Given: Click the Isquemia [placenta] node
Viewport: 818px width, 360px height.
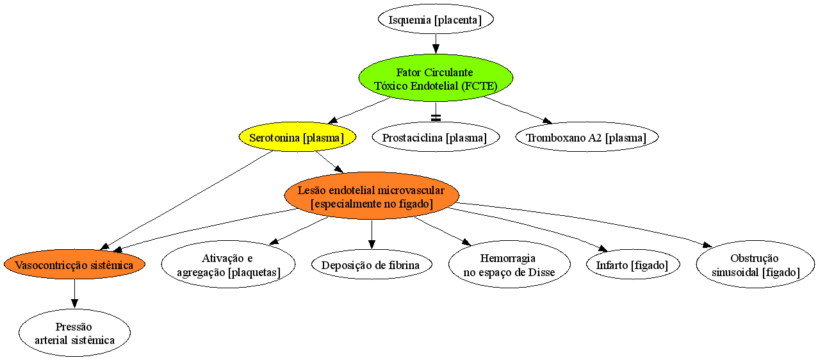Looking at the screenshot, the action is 436,19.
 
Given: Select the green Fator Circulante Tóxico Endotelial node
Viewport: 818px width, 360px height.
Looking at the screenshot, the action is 436,78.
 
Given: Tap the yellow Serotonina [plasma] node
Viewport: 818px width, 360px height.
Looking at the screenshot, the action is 297,137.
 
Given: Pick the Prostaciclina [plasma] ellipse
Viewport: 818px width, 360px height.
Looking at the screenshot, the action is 436,137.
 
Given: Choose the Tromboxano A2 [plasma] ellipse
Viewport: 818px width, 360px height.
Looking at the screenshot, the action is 587,137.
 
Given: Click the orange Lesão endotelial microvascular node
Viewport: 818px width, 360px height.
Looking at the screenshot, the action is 372,196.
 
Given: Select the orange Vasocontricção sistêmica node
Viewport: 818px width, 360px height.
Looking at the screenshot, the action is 74,265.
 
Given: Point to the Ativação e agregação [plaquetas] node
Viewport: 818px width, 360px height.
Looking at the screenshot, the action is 228,265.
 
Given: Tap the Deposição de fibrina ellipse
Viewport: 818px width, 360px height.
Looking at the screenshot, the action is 372,265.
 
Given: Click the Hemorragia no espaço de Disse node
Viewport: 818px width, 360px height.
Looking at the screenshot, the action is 509,265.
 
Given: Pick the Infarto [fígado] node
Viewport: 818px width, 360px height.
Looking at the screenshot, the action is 633,265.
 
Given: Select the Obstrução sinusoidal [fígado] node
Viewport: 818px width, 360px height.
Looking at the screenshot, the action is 755,265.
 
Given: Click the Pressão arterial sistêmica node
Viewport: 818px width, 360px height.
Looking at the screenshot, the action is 74,332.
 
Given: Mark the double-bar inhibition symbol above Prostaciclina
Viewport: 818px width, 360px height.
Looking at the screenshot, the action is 436,118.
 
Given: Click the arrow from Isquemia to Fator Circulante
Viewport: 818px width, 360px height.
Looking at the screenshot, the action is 436,44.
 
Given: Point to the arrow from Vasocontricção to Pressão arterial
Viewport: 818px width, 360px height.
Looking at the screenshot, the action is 74,293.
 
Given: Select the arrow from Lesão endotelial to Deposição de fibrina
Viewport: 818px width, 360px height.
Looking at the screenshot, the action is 372,234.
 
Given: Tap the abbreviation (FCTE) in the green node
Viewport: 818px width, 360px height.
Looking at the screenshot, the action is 479,86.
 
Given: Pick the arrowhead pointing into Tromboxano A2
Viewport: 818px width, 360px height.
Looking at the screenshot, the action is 548,121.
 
